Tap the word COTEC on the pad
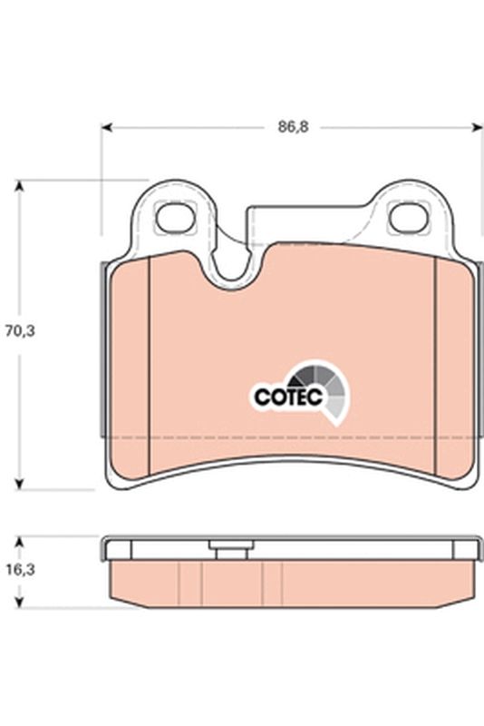point(280,396)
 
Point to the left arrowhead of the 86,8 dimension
point(106,128)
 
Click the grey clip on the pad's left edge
point(102,345)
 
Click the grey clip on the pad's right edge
point(478,345)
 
